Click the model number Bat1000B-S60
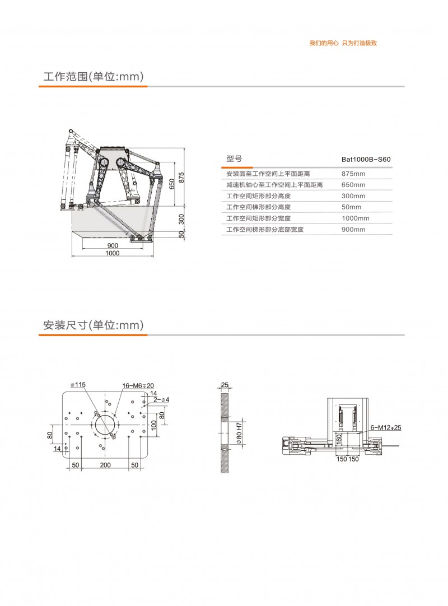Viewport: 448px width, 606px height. (366, 159)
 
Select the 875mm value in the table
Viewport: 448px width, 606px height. (353, 174)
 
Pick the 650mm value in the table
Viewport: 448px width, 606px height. (353, 185)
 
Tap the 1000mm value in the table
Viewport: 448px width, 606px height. (355, 218)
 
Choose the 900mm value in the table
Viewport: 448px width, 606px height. (353, 230)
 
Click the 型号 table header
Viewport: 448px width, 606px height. (234, 159)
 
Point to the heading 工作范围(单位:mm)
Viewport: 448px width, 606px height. (94, 77)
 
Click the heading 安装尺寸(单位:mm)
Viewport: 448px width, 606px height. (94, 325)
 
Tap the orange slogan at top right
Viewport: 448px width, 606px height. (343, 43)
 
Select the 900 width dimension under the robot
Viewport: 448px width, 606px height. (113, 245)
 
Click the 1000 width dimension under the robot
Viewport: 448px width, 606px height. (113, 253)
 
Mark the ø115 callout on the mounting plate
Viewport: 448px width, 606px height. (78, 385)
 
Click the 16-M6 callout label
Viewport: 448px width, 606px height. (138, 386)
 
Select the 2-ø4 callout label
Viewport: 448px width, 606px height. (161, 400)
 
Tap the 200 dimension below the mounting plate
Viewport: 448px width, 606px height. (105, 465)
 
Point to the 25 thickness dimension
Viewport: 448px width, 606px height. (225, 385)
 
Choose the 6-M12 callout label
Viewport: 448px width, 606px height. (386, 427)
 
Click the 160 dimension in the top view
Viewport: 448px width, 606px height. (339, 439)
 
